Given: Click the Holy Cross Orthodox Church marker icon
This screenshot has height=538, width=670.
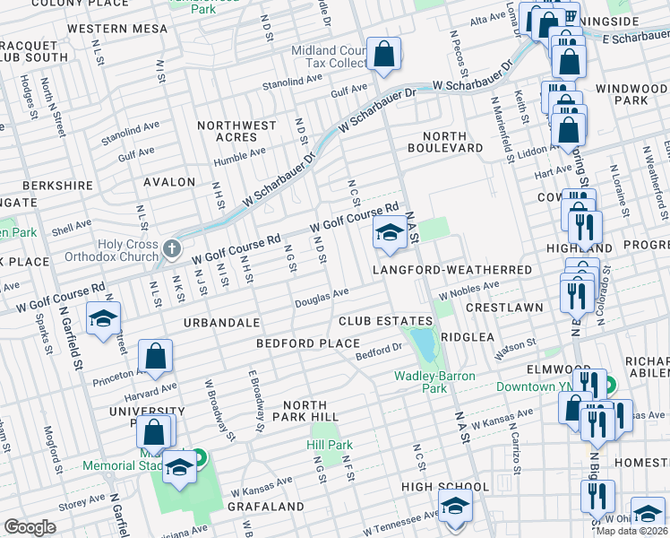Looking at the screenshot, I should (x=171, y=247).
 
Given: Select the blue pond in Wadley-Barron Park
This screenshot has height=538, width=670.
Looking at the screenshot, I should (x=420, y=342).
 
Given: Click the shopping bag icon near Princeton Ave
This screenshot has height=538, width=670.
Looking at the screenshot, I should (x=157, y=355).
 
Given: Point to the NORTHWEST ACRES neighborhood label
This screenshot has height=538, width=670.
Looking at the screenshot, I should (x=236, y=132).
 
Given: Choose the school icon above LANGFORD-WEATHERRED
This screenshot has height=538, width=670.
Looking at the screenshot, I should (x=389, y=234).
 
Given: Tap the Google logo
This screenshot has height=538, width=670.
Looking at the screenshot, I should (x=30, y=526).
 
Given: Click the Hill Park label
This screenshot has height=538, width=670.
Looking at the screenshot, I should (x=330, y=445).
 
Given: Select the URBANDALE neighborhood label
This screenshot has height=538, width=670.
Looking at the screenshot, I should (x=221, y=322).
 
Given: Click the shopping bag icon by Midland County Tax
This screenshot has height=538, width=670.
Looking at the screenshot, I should (x=383, y=54).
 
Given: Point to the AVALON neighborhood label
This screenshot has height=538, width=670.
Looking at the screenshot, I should (x=169, y=182).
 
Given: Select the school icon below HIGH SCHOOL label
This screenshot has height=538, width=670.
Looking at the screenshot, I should (x=454, y=506).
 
